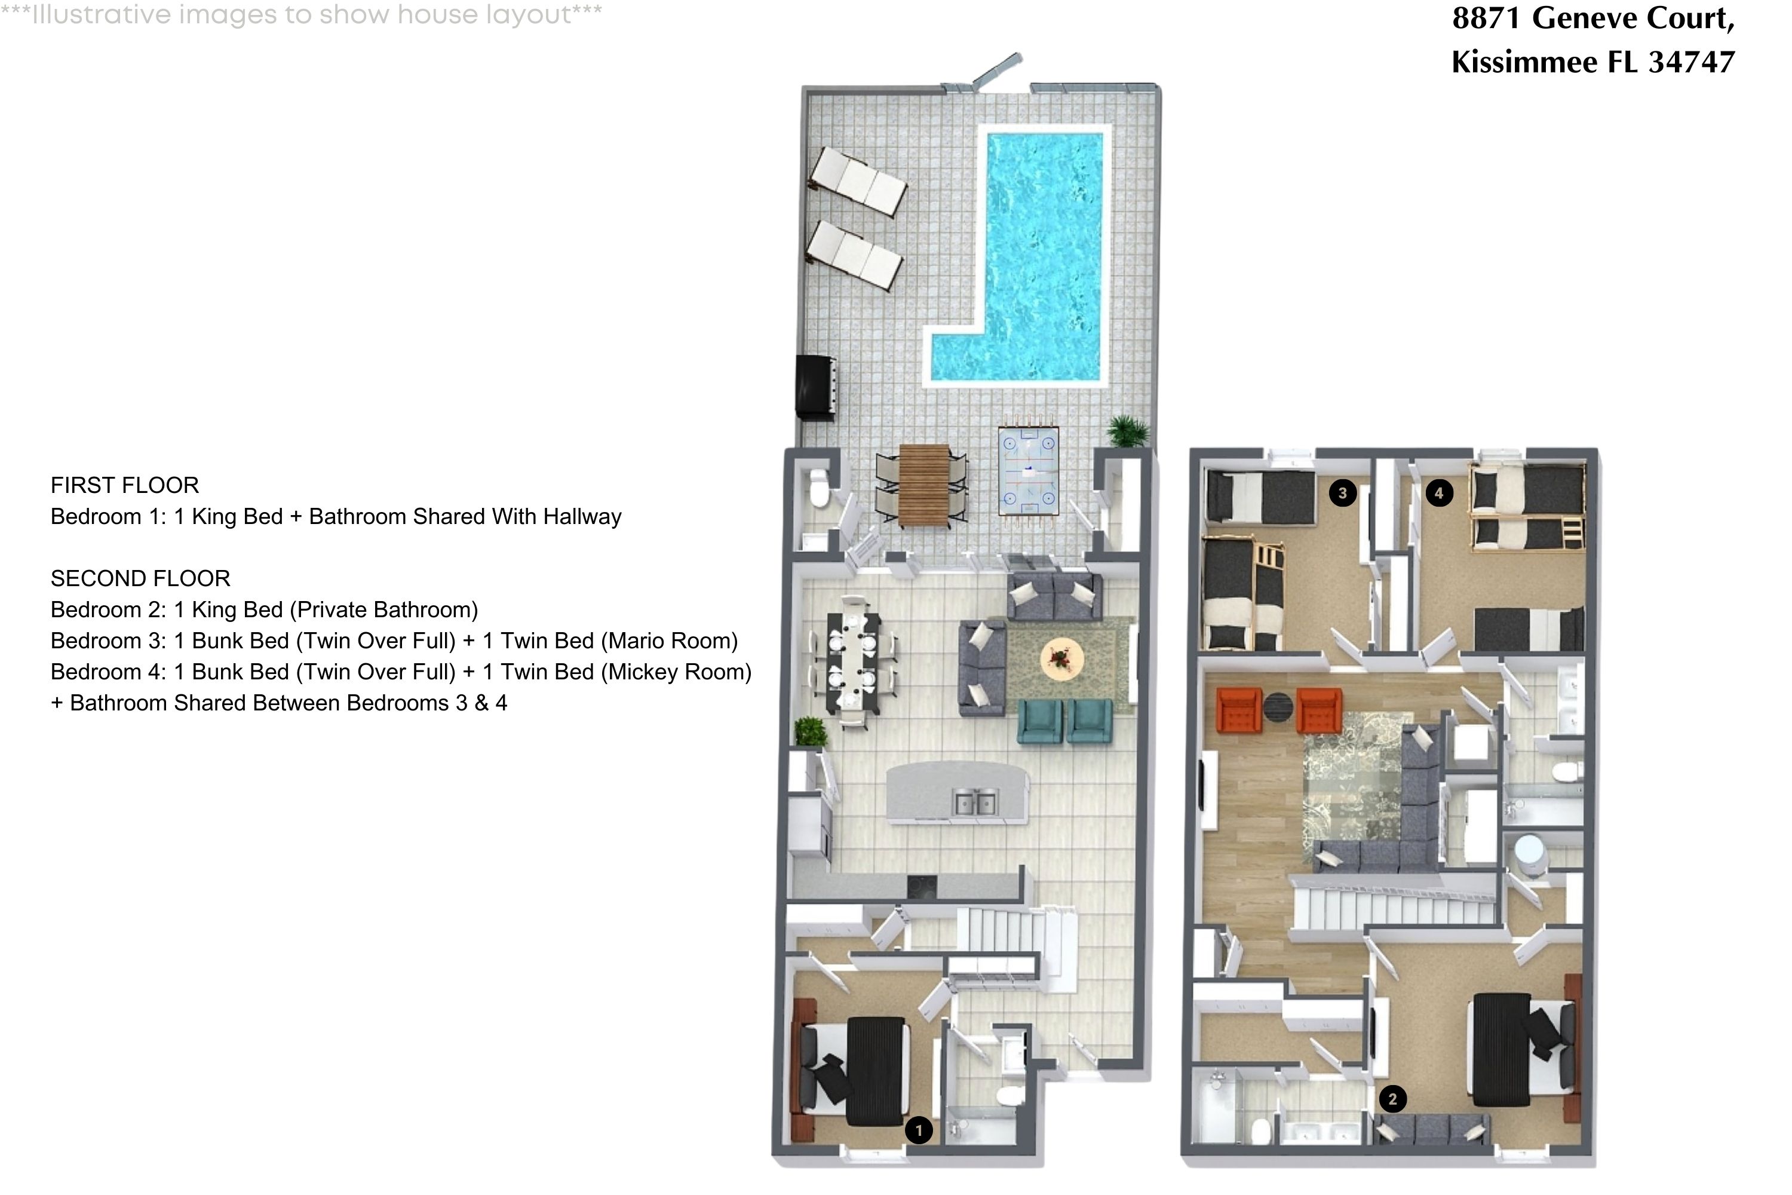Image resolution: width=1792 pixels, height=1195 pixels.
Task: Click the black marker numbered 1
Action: (x=919, y=1130)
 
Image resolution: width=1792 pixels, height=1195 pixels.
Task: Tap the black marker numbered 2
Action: (x=1393, y=1099)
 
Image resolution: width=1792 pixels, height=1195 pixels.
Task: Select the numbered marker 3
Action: (x=1342, y=493)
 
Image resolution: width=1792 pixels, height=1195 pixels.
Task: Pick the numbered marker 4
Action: (x=1438, y=493)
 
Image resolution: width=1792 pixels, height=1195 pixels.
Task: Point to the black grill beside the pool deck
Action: (x=816, y=387)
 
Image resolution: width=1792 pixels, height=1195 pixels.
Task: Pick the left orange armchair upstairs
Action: (x=1239, y=710)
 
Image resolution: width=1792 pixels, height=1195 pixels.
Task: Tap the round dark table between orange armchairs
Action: (x=1278, y=706)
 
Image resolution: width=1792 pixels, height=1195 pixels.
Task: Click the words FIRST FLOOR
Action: (x=125, y=485)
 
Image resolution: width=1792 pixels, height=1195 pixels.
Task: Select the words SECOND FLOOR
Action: (x=140, y=578)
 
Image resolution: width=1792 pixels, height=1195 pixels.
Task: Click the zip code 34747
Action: (x=1692, y=62)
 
